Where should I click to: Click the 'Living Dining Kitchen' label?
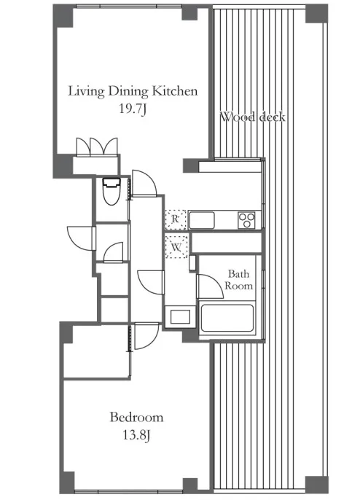click(x=133, y=92)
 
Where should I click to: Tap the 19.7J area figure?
click(x=133, y=109)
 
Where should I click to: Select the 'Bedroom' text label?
click(x=136, y=417)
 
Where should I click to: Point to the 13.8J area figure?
click(x=136, y=435)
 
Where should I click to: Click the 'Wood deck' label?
click(x=253, y=117)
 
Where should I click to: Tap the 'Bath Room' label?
click(x=239, y=279)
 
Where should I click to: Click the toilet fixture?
click(x=111, y=191)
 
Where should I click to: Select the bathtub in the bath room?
click(x=227, y=319)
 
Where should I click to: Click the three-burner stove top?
click(x=246, y=220)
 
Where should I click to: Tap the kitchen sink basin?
click(x=202, y=220)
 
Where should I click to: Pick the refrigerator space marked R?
click(x=176, y=219)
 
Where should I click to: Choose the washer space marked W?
click(x=176, y=247)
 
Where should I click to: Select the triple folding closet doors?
click(x=97, y=147)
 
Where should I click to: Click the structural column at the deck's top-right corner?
click(x=316, y=14)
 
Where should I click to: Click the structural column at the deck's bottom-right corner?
click(x=316, y=485)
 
